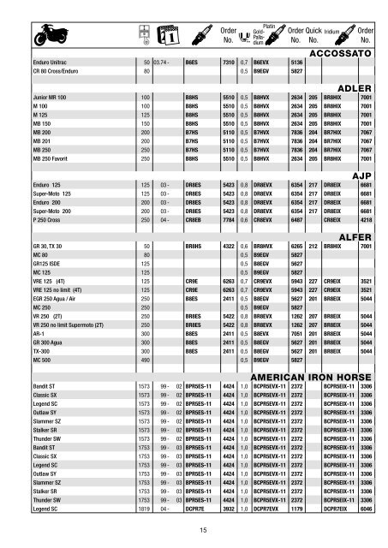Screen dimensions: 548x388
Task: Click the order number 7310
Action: point(218,63)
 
